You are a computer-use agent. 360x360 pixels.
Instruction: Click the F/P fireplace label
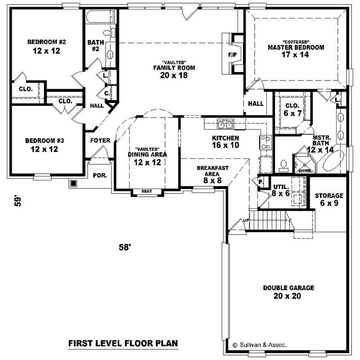[x=232, y=55]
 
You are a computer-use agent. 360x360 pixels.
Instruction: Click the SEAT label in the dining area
[x=146, y=191]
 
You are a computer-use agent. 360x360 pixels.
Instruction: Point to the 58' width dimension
[x=125, y=247]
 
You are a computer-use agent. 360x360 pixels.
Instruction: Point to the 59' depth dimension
[x=17, y=200]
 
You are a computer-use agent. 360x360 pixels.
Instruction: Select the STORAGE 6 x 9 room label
[x=329, y=199]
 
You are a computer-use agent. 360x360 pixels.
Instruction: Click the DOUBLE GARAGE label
[x=288, y=292]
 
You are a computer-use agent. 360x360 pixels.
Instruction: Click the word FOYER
[x=100, y=140]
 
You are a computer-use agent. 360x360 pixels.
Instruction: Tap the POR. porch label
[x=99, y=175]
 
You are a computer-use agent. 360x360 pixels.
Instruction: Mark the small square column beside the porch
[x=73, y=184]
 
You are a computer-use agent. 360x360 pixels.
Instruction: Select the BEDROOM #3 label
[x=45, y=144]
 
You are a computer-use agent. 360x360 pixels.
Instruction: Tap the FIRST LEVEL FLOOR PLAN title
[x=123, y=343]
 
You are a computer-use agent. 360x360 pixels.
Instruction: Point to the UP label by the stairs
[x=245, y=220]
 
